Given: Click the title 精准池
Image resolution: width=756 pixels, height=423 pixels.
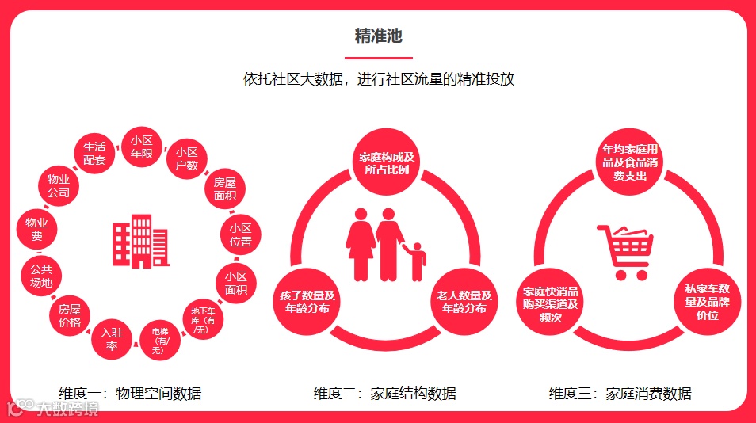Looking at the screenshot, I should [378, 36].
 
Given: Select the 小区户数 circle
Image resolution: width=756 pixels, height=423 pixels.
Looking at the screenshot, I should [187, 158].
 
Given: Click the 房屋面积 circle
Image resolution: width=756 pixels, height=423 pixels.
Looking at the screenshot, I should [225, 187].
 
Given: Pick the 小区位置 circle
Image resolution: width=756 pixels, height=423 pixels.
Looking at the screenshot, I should [240, 234].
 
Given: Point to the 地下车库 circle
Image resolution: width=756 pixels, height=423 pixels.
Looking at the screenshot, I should [203, 319].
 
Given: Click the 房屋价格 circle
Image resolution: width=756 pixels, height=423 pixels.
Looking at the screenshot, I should [70, 316].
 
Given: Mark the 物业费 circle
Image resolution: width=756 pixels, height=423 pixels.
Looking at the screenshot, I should [37, 230].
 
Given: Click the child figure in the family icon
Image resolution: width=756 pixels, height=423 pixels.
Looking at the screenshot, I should [416, 262].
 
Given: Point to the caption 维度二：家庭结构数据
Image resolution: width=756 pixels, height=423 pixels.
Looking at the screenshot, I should [385, 393].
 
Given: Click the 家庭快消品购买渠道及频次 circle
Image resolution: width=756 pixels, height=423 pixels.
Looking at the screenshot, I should [551, 303].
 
